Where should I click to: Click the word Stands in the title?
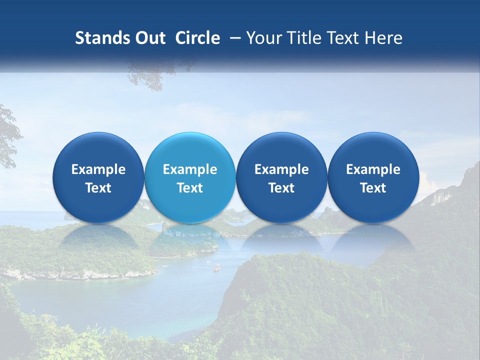[x=102, y=38]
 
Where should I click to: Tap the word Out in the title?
[x=149, y=38]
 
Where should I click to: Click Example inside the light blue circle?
[x=190, y=169]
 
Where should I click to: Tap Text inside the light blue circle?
[x=190, y=188]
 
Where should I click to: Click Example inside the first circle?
[x=98, y=169]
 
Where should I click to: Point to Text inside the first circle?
[x=98, y=188]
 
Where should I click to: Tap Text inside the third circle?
[x=281, y=188]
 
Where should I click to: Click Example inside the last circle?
[x=373, y=169]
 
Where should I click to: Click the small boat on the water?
[x=216, y=268]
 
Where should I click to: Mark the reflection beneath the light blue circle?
[x=190, y=240]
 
